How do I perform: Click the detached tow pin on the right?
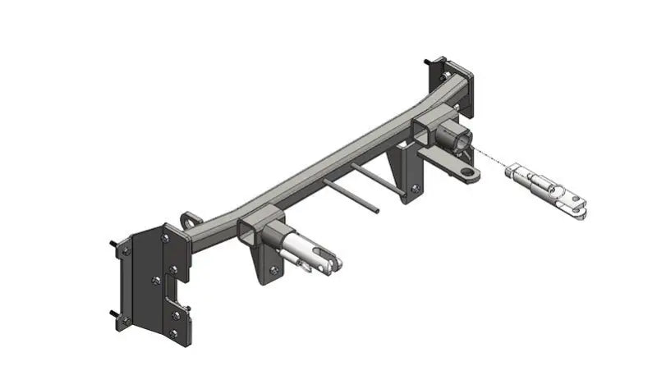546,190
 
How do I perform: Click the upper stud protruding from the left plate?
113,244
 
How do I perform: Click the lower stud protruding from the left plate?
113,314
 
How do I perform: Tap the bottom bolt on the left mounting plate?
173,332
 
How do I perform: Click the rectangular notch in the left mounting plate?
176,287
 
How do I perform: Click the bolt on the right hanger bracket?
415,188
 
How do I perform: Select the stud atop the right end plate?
429,62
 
